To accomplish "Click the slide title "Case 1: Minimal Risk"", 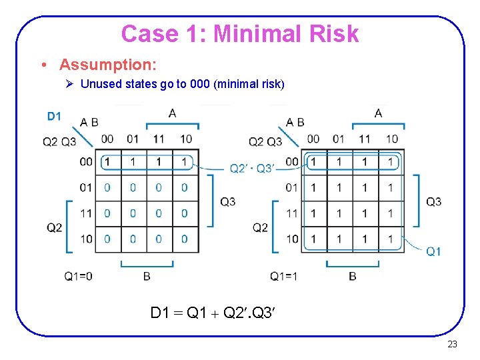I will pos(240,33).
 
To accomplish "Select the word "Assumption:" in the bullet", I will pos(107,65).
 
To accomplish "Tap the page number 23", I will pos(452,344).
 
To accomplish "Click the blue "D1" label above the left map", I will pos(54,117).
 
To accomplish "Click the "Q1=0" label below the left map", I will pos(78,276).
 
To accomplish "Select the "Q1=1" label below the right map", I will pos(284,276).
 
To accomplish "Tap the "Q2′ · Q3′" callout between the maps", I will pos(251,168).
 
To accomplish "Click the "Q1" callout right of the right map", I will pos(433,251).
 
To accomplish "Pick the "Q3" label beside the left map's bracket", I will pos(227,201).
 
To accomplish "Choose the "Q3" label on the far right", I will pos(433,201).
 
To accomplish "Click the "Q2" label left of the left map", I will pos(54,227).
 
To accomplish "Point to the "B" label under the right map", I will pos(353,276).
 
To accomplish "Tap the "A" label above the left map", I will pos(173,113).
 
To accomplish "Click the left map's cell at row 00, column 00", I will pos(107,162).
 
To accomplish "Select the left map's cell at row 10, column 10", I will pos(185,239).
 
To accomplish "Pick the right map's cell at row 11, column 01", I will pos(339,213).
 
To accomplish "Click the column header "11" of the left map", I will pos(159,139).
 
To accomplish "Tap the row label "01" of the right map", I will pos(291,187).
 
